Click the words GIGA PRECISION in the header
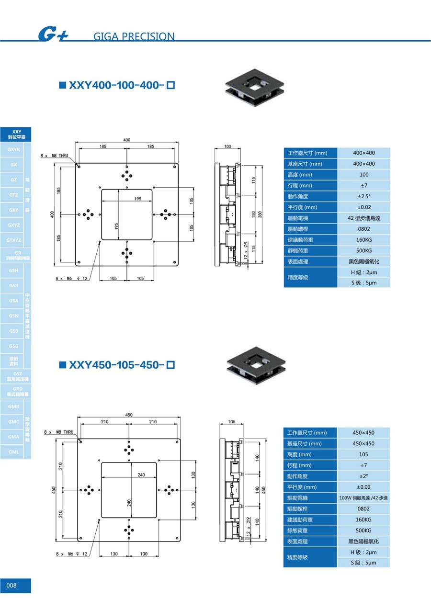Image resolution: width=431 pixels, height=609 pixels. pos(134,36)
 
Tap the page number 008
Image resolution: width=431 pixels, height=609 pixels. pos(11,586)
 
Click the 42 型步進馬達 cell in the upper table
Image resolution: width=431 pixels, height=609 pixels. pos(364,218)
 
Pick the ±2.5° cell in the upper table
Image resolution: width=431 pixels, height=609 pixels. pos(364,196)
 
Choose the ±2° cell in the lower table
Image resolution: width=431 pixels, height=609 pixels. pos(363,476)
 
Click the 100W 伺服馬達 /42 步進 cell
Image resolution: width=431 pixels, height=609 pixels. pos(363,498)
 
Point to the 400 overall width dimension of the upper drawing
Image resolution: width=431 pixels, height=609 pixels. pos(127,140)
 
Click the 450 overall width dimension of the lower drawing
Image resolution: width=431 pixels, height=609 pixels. pos(129,415)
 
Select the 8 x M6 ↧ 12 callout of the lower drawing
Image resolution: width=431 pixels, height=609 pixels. pos(72,554)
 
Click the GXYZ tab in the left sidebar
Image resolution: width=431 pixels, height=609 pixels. pos(13,225)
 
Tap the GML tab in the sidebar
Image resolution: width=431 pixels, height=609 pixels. pos(13,451)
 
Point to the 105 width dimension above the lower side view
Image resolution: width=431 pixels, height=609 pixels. pos(232,422)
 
